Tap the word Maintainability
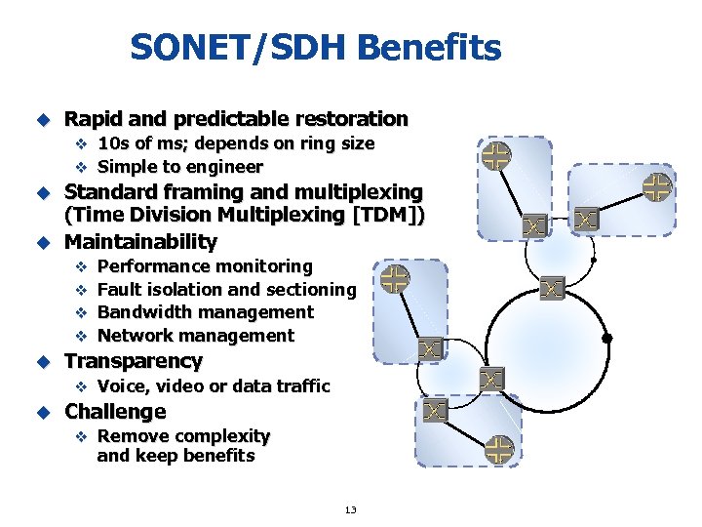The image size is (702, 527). tap(140, 241)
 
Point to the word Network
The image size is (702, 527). tap(136, 336)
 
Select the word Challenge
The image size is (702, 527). tap(115, 412)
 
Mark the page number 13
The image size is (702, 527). tap(350, 509)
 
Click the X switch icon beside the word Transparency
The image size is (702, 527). tap(431, 348)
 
